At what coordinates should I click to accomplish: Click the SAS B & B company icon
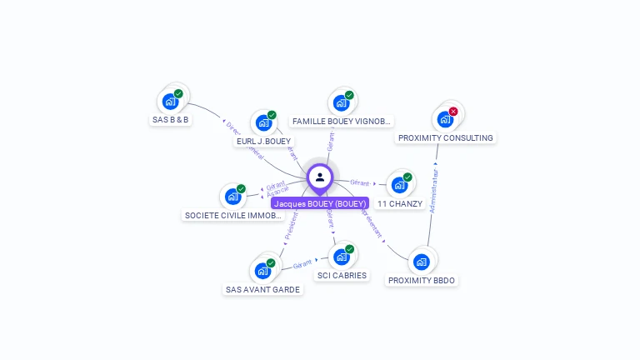point(171,101)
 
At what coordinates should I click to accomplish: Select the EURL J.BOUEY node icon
point(264,122)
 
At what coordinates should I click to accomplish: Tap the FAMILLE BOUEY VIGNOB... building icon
point(341,102)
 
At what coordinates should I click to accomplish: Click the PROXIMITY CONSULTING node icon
point(445,118)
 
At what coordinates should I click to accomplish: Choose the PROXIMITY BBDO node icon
point(422,262)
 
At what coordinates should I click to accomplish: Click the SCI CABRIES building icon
point(341,257)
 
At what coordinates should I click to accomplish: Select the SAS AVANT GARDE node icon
point(262,271)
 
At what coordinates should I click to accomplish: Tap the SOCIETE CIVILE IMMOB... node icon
point(232,197)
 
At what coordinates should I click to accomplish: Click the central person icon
point(320,177)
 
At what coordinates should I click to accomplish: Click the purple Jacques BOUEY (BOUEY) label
point(320,203)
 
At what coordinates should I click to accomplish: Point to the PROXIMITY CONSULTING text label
point(446,137)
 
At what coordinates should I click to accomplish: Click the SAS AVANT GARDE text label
point(262,290)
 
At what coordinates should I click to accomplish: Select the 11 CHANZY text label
point(400,203)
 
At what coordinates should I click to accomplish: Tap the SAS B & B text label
point(171,120)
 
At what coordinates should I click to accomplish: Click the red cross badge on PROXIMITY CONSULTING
point(453,111)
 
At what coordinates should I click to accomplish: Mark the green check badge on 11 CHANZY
point(407,177)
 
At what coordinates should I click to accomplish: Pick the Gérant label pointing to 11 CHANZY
point(360,182)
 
